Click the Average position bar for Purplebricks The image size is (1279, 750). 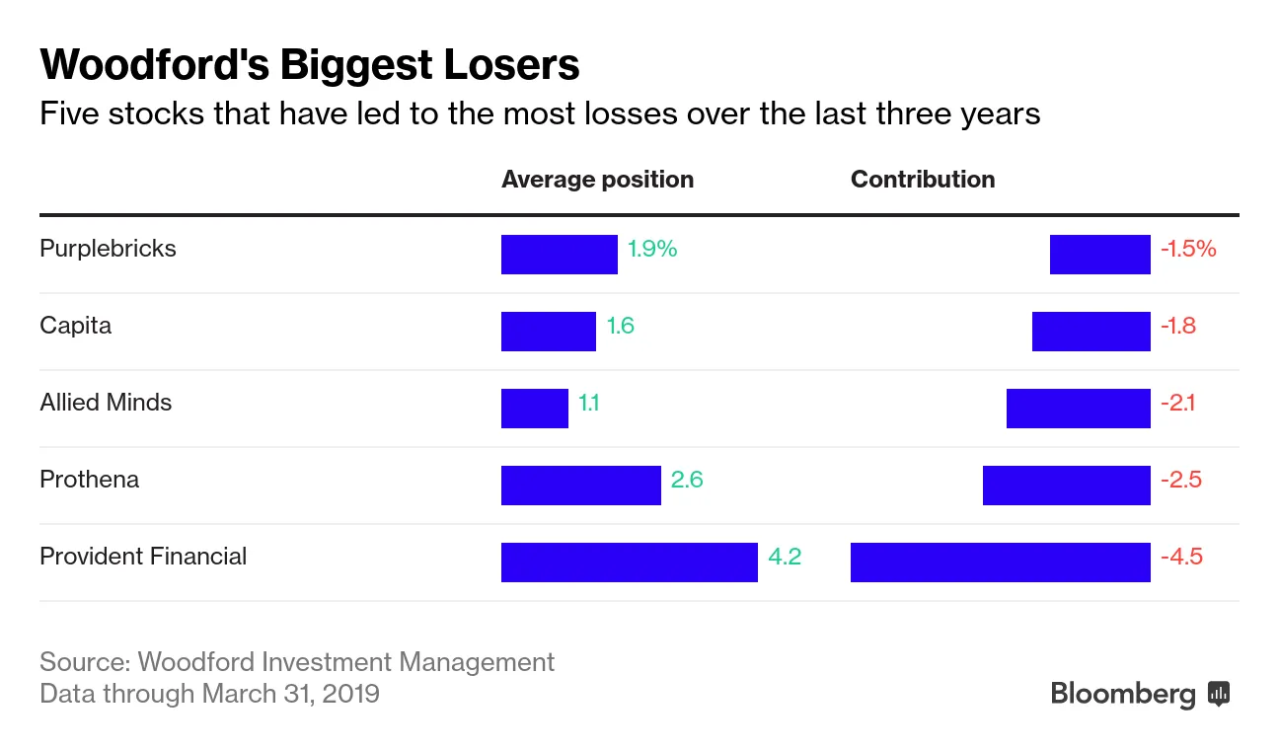559,255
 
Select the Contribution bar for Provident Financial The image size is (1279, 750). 1000,562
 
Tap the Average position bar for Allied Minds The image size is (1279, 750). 534,409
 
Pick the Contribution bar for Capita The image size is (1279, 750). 1091,332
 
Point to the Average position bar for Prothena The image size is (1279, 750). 580,486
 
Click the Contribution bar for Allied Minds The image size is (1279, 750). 1078,409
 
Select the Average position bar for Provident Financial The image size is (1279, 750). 629,562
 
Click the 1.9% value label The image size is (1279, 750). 652,249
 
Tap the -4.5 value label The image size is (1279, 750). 1181,557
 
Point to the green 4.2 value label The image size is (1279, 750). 785,557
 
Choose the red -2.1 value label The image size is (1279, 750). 1178,403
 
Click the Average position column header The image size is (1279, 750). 597,180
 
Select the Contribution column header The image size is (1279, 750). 922,180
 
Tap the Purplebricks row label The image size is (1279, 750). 108,249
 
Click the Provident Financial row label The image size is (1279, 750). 143,557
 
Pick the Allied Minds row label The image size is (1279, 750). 106,403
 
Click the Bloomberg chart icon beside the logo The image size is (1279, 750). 1219,694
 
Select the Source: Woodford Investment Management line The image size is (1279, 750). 297,661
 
